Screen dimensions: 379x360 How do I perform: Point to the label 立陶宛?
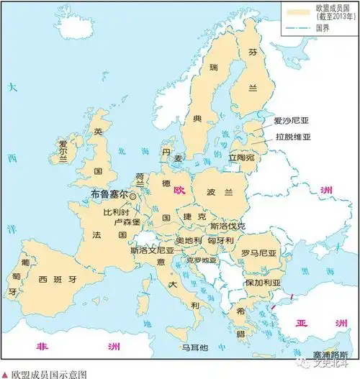coord(242,157)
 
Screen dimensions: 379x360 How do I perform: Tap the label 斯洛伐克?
coord(228,226)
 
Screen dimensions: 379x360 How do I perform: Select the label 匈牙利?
coord(220,240)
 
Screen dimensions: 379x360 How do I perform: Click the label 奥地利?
coord(189,240)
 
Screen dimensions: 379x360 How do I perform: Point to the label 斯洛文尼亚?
coord(150,251)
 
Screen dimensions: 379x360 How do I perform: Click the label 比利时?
coord(115,212)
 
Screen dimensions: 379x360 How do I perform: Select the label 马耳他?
coord(194,347)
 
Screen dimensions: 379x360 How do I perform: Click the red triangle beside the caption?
coord(6,374)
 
